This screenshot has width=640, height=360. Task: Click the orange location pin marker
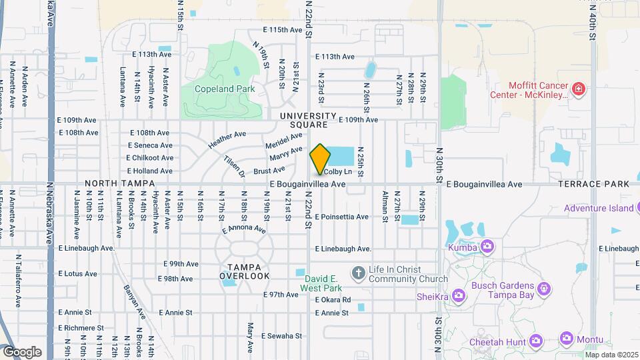321,159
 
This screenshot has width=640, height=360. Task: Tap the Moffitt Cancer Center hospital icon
579,88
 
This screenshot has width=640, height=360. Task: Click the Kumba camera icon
487,247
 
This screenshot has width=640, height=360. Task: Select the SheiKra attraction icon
458,295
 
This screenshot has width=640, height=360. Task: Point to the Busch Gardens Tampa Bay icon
544,289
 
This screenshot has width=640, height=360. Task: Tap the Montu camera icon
567,339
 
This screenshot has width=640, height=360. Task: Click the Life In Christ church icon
358,272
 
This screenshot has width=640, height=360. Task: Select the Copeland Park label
215,89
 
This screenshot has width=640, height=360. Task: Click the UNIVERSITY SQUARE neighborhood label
304,120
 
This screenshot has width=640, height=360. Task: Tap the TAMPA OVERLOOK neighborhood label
245,272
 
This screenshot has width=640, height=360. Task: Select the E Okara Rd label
333,300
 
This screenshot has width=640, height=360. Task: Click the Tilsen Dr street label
233,167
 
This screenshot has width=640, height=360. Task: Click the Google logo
23,351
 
